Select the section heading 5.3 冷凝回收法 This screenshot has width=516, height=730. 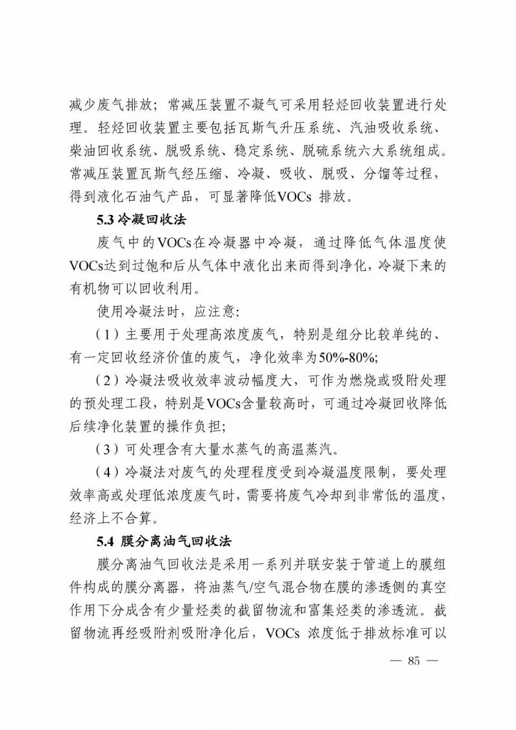pyautogui.click(x=141, y=219)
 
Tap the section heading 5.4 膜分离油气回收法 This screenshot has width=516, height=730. pyautogui.click(x=164, y=540)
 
